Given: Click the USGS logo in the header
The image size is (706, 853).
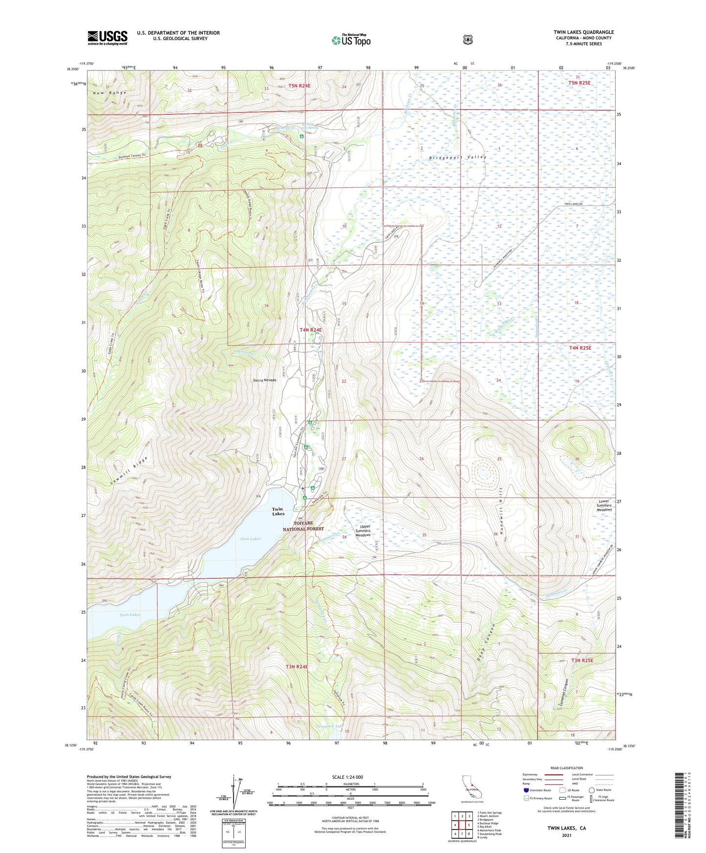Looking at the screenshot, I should tap(107, 38).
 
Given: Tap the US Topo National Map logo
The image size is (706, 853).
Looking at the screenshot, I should tap(351, 40).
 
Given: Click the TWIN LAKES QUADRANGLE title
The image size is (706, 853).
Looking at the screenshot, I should tap(581, 32).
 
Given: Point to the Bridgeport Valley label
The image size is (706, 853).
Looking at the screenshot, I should tap(458, 157).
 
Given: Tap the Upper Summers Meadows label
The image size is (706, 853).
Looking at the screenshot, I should tap(363, 531).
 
